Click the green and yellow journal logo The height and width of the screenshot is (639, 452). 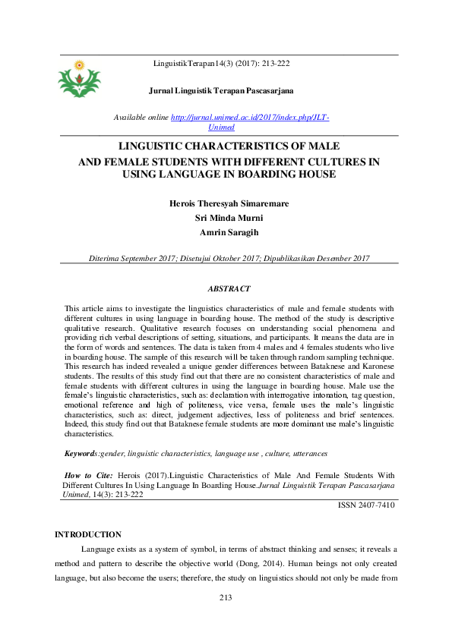click(x=79, y=79)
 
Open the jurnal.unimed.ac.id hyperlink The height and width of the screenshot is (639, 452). click(x=250, y=118)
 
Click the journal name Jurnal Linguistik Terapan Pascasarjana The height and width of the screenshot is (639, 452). click(x=226, y=91)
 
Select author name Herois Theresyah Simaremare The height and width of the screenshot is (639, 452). click(x=228, y=203)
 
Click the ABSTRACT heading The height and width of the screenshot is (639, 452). click(x=228, y=289)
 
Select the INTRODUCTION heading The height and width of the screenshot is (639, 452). click(x=88, y=534)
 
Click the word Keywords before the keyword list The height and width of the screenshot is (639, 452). click(x=81, y=453)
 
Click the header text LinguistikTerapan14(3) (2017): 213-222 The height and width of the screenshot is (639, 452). click(x=221, y=63)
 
